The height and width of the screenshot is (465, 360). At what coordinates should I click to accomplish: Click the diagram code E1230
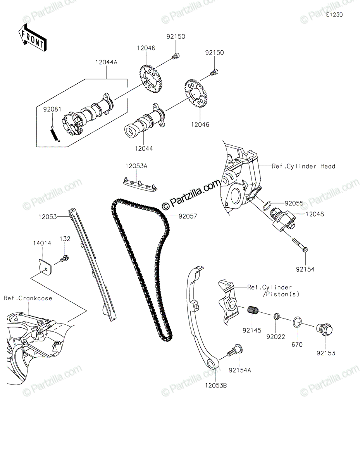(x=334, y=15)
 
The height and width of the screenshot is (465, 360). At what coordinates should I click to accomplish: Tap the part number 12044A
(x=106, y=62)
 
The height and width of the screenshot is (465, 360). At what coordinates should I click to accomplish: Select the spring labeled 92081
(x=55, y=133)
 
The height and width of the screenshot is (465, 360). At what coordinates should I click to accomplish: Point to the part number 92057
(x=188, y=216)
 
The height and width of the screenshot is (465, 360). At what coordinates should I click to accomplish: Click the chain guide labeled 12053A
(x=140, y=184)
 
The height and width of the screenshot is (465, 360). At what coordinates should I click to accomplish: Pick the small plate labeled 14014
(x=45, y=267)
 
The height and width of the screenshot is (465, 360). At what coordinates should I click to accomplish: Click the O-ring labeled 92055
(x=267, y=206)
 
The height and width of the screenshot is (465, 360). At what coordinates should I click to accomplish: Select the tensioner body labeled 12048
(x=283, y=220)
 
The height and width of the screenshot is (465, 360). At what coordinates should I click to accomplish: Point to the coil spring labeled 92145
(x=253, y=310)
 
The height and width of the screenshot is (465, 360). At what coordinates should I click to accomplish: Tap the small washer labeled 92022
(x=276, y=316)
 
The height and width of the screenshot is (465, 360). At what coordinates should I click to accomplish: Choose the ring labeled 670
(x=297, y=322)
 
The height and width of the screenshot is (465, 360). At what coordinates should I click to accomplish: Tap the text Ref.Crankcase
(x=28, y=298)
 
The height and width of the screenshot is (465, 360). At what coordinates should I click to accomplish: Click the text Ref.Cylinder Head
(x=303, y=166)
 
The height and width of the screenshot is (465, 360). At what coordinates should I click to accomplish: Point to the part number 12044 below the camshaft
(x=144, y=148)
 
